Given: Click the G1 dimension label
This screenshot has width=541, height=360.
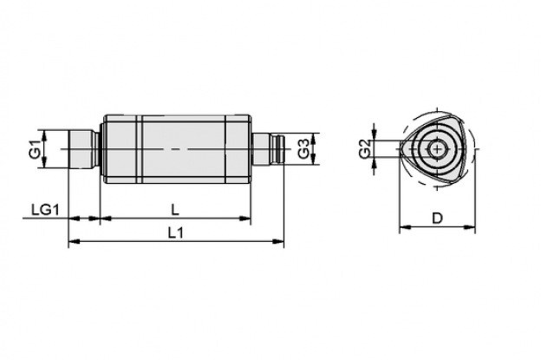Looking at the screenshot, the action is (35, 149).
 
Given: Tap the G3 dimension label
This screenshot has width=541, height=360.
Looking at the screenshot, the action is (304, 148).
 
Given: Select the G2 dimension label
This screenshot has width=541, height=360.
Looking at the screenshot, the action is (365, 148).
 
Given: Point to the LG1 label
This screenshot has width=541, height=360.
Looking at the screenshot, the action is (46, 210).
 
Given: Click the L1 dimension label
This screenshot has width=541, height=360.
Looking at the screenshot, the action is (175, 233).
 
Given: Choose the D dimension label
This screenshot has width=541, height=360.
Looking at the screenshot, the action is (437, 218).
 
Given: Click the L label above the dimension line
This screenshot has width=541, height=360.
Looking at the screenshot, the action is (175, 210).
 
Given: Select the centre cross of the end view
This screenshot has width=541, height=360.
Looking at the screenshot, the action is (437, 149).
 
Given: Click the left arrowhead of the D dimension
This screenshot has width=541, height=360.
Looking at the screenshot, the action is (405, 227).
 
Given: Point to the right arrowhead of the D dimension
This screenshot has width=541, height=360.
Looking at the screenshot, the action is (470, 227).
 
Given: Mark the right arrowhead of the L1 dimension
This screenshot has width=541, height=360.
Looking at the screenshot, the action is (278, 241).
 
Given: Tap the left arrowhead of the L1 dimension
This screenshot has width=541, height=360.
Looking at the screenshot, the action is (75, 241).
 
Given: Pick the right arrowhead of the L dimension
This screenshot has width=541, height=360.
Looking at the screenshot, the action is (245, 218).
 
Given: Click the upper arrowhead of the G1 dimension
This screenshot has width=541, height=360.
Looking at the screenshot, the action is (44, 135).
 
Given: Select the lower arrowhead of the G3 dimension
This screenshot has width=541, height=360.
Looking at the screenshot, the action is (313, 159).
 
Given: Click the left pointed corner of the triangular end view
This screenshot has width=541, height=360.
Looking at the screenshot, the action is (401, 149).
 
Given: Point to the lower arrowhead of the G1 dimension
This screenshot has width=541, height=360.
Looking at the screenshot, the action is (44, 162).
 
